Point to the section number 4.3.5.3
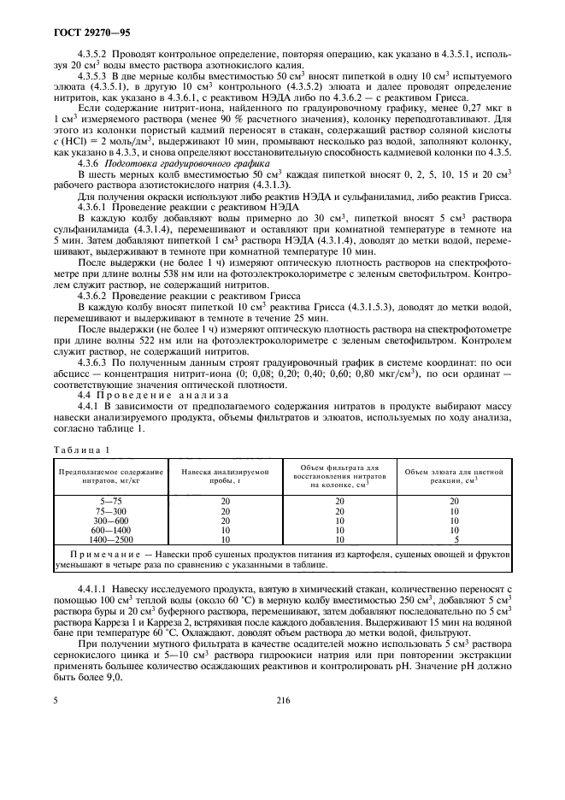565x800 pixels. (x=95, y=77)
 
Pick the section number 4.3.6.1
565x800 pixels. (x=95, y=208)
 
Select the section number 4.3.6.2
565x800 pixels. (x=95, y=296)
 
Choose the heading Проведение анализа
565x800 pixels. (x=158, y=395)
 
